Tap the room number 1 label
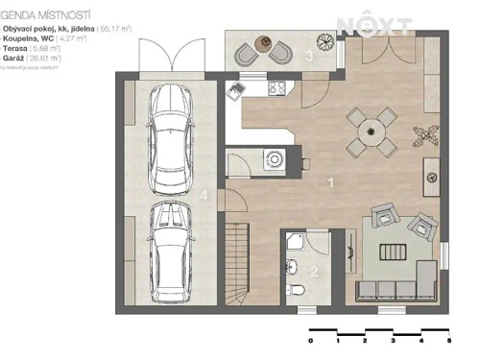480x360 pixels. [331, 180]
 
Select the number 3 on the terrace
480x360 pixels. [308, 57]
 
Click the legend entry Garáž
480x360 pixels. [33, 59]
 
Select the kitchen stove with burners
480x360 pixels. [276, 89]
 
